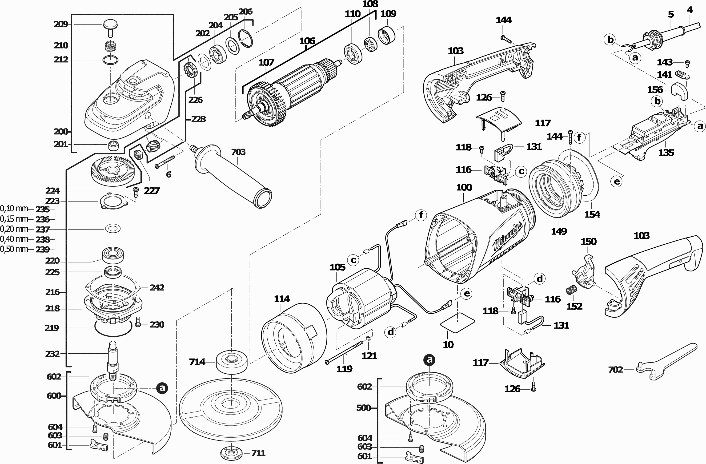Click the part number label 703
pos(238,152)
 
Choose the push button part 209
pos(110,25)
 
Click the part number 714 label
pos(197,362)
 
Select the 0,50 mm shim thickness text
pos(14,249)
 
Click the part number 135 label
pos(666,153)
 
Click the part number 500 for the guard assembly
pos(364,408)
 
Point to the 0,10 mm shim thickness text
pos(14,209)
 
